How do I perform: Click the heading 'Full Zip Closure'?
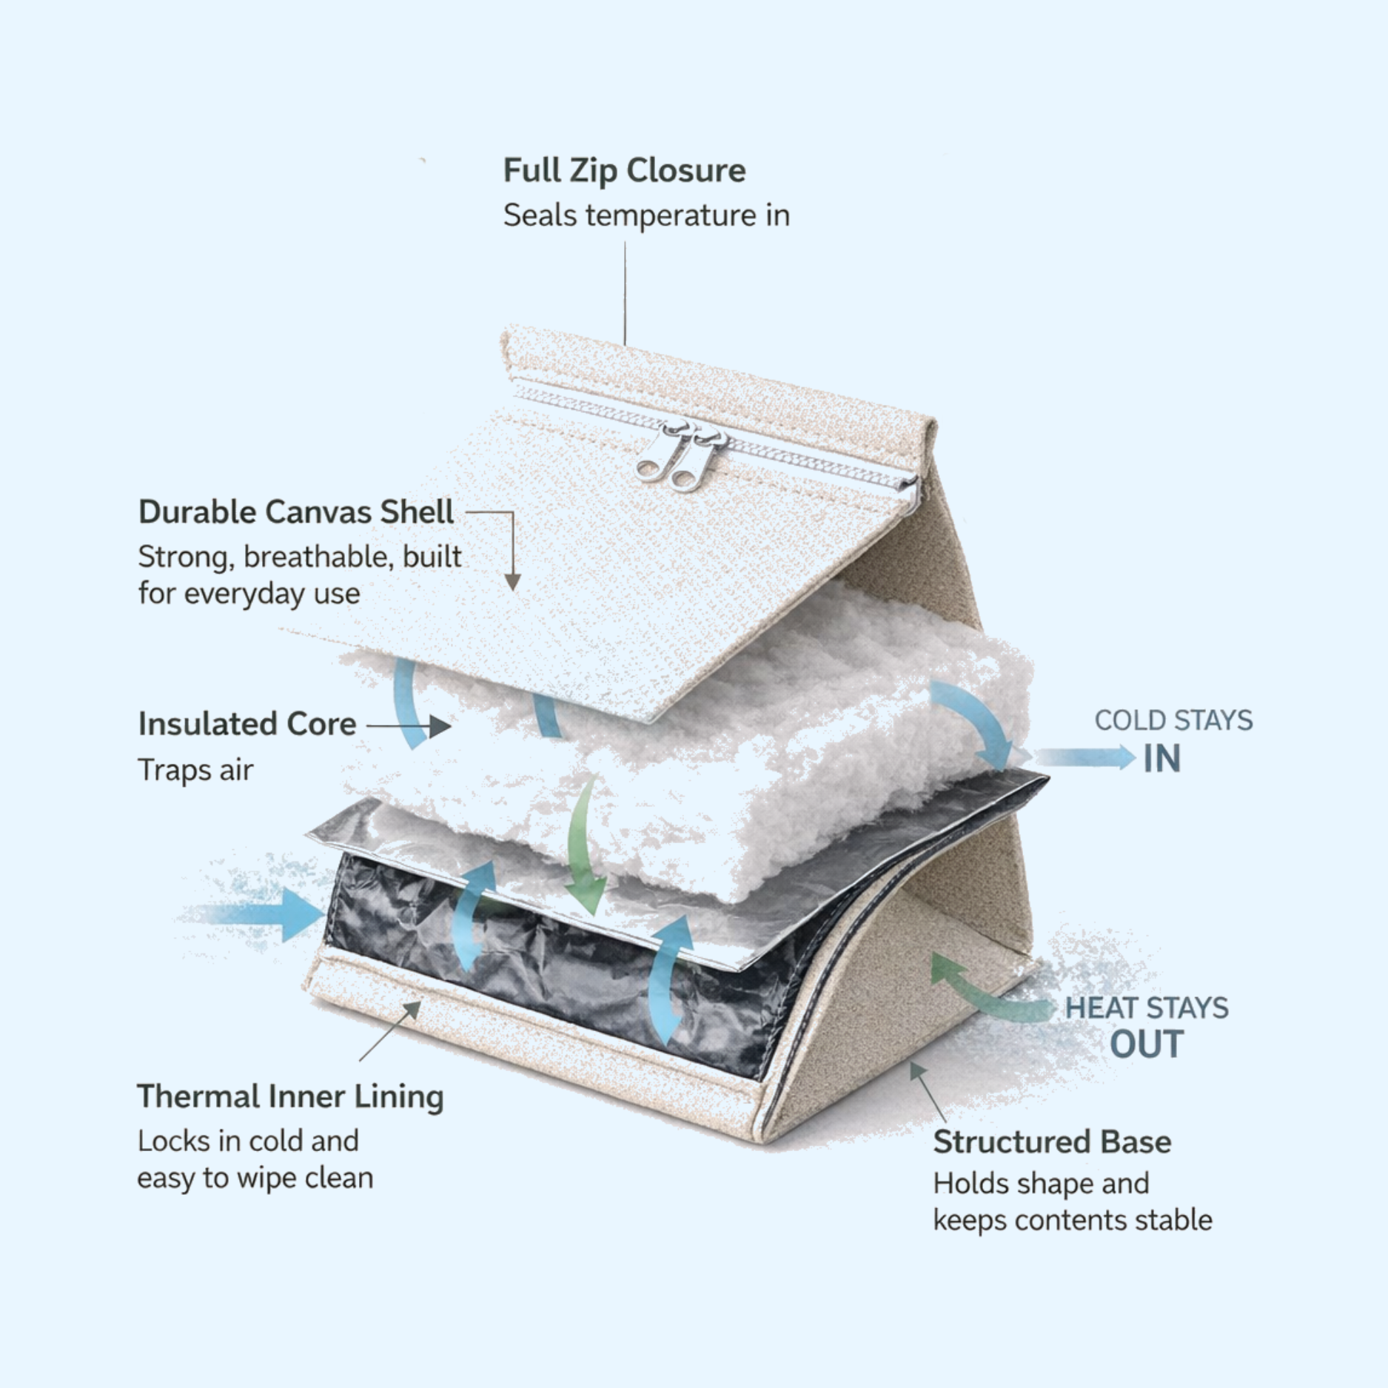[x=624, y=170]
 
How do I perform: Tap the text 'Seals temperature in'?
[x=646, y=215]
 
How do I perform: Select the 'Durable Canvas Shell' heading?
[x=296, y=512]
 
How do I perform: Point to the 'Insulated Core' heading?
[x=247, y=724]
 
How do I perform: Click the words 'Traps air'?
[x=195, y=770]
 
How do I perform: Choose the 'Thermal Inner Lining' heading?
[x=290, y=1096]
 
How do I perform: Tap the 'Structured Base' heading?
[x=1052, y=1141]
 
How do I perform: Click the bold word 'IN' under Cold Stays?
[x=1161, y=759]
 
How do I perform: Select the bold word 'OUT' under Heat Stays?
[x=1147, y=1044]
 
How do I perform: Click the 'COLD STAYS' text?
[x=1173, y=720]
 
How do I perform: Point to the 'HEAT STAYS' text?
[x=1147, y=1008]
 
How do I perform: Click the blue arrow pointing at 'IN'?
[x=1084, y=757]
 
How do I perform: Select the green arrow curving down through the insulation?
[x=584, y=844]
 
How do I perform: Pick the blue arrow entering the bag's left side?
[x=259, y=915]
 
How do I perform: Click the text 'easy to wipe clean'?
[x=255, y=1178]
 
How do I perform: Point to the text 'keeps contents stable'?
[x=1072, y=1220]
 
